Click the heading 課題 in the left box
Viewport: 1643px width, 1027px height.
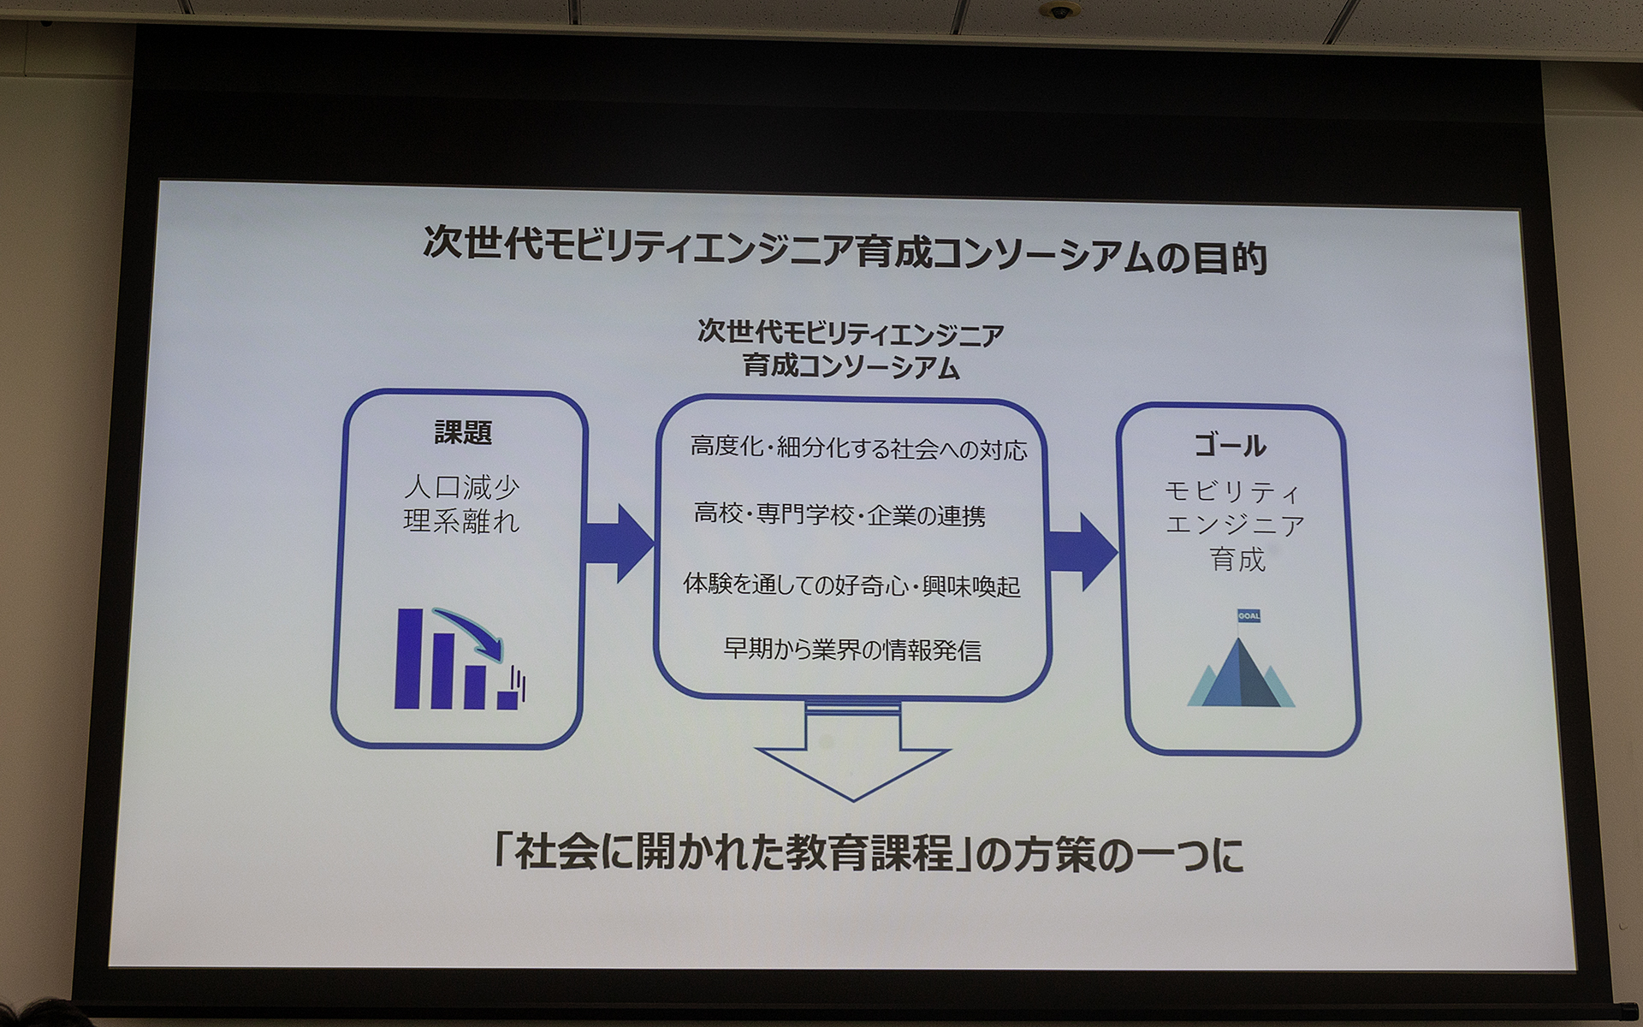click(463, 432)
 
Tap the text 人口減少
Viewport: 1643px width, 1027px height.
click(462, 488)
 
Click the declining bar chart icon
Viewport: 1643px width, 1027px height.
click(460, 658)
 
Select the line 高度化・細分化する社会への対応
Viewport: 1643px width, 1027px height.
click(858, 448)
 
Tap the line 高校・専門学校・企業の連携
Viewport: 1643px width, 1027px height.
click(839, 515)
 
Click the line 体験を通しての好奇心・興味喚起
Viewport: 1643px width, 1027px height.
click(851, 585)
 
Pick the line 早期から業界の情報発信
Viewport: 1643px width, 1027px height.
click(852, 650)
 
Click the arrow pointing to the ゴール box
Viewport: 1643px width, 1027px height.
click(1082, 552)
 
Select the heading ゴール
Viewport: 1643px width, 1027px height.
click(1231, 445)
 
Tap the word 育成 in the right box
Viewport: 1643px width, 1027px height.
click(1237, 560)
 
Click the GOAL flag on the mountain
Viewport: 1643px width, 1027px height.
click(1248, 616)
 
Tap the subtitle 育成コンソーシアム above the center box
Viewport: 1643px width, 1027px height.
click(851, 367)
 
